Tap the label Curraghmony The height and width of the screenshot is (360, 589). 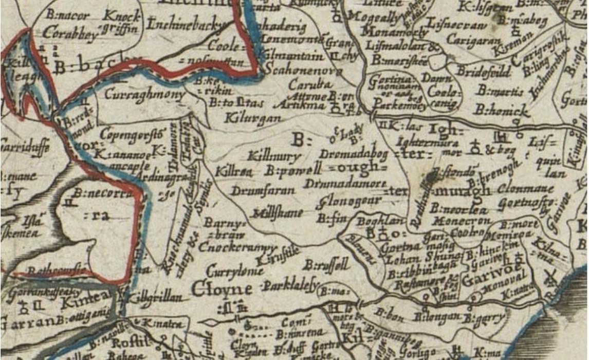click(144, 95)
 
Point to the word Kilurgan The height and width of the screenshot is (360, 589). click(253, 118)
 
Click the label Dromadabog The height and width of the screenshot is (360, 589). click(353, 154)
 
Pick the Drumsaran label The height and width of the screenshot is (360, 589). click(262, 190)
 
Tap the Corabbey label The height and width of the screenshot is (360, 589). click(64, 33)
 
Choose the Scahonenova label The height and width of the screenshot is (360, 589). click(303, 71)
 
